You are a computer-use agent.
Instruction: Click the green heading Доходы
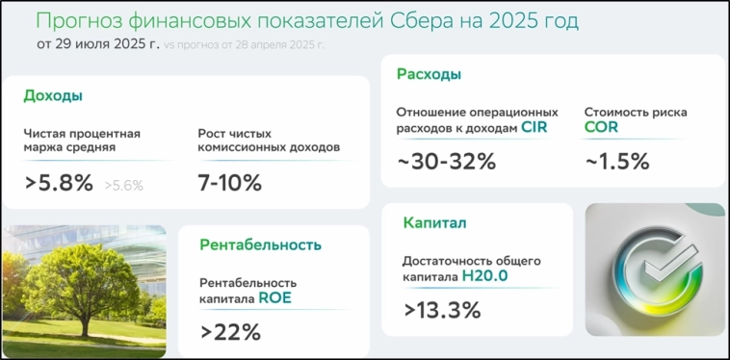pyautogui.click(x=53, y=96)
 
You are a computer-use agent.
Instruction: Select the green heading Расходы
pyautogui.click(x=429, y=74)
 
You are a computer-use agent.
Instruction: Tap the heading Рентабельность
pyautogui.click(x=260, y=244)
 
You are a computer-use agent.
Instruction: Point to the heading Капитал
pyautogui.click(x=434, y=223)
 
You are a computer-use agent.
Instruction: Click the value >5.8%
pyautogui.click(x=59, y=183)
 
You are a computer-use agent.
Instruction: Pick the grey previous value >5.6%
pyautogui.click(x=123, y=186)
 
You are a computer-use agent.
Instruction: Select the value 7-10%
pyautogui.click(x=229, y=183)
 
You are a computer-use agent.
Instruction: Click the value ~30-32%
pyautogui.click(x=446, y=162)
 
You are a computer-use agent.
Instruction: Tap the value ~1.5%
pyautogui.click(x=617, y=162)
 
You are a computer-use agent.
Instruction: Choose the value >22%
pyautogui.click(x=230, y=332)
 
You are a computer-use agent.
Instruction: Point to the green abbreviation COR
pyautogui.click(x=601, y=127)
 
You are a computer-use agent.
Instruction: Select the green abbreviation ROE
pyautogui.click(x=274, y=298)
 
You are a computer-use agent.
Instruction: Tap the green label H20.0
pyautogui.click(x=484, y=276)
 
